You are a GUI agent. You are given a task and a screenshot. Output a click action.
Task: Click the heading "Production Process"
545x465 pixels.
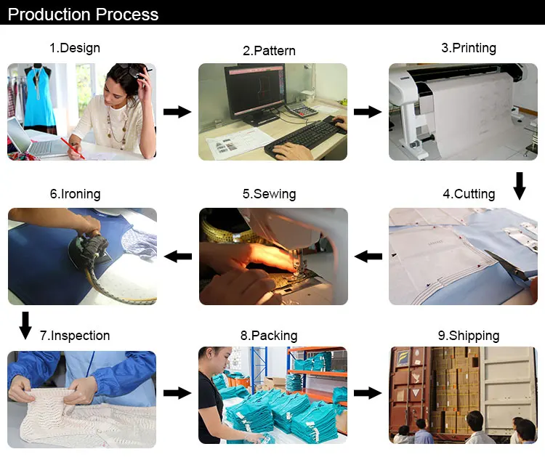pos(83,15)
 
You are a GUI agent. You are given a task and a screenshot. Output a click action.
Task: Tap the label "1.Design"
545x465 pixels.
pos(75,48)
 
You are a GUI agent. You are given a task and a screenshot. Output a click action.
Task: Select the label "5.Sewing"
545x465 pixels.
pos(270,194)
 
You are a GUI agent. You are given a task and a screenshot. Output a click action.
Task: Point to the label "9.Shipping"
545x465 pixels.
pos(469,336)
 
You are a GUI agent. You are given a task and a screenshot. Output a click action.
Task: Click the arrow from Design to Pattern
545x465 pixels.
pos(177,112)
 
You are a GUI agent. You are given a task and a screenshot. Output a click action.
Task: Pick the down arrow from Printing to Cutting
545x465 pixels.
pos(520,186)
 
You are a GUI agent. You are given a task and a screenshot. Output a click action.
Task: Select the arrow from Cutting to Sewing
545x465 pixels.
pos(368,256)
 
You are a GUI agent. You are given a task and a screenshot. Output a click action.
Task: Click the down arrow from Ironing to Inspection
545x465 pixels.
pos(25,325)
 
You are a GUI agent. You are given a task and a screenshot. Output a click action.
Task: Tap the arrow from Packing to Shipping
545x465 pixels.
pos(368,393)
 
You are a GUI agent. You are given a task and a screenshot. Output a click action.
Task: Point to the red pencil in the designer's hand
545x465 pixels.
pos(72,148)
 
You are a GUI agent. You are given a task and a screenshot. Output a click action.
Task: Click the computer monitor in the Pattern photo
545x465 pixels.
pos(256,92)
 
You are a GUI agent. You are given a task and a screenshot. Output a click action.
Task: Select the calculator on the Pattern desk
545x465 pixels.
pos(302,110)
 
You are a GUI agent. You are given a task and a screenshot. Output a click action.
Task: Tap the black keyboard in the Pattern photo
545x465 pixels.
pos(302,137)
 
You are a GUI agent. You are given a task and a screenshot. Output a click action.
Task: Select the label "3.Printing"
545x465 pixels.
pos(469,48)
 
